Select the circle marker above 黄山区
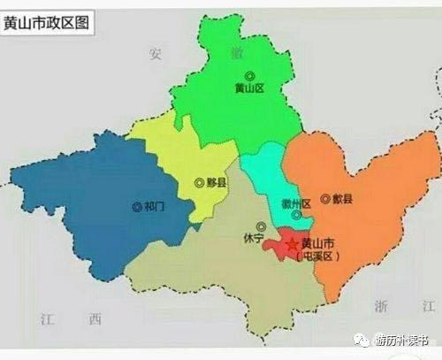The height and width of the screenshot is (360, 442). pyautogui.click(x=249, y=76)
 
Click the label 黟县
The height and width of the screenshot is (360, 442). pyautogui.click(x=217, y=182)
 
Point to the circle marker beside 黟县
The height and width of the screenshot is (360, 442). pyautogui.click(x=199, y=182)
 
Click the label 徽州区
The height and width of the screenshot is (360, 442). pyautogui.click(x=295, y=203)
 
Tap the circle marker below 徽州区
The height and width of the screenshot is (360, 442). pyautogui.click(x=296, y=215)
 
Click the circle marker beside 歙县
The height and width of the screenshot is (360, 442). pyautogui.click(x=325, y=199)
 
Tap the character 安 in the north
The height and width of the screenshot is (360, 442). pyautogui.click(x=156, y=53)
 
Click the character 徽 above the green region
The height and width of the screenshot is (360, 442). pyautogui.click(x=236, y=53)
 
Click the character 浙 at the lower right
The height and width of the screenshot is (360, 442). pyautogui.click(x=381, y=305)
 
